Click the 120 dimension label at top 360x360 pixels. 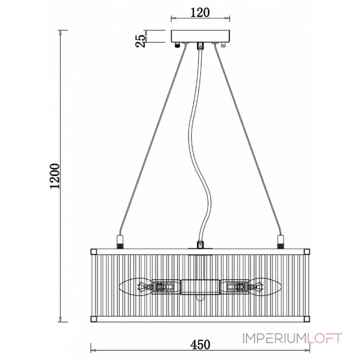[x=200, y=13]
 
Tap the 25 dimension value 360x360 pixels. [x=140, y=40]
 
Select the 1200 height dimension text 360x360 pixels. [x=54, y=176]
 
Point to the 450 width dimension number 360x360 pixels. [x=200, y=345]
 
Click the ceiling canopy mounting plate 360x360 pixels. [x=200, y=36]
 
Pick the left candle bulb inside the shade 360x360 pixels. [x=136, y=287]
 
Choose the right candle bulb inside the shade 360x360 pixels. [x=265, y=287]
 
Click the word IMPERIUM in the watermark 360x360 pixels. [x=274, y=338]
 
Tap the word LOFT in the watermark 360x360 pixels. [x=324, y=338]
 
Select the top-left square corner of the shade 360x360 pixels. [x=94, y=252]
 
